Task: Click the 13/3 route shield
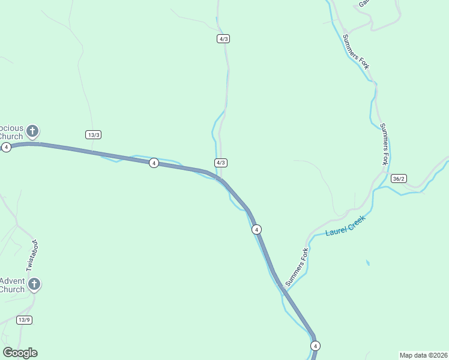click(x=93, y=134)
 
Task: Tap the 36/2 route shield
click(x=399, y=179)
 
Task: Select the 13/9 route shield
click(x=24, y=320)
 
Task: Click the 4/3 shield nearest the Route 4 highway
click(x=221, y=163)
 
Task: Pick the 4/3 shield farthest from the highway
click(x=223, y=38)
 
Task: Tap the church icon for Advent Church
click(x=34, y=284)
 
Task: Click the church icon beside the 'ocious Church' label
click(x=32, y=131)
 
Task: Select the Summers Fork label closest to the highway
click(x=297, y=267)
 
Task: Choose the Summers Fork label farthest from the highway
click(x=355, y=51)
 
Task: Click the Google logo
click(x=20, y=353)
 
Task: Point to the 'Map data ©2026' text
click(x=423, y=355)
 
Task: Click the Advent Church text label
click(x=12, y=285)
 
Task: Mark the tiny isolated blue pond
click(x=367, y=263)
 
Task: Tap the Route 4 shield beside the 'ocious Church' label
click(x=6, y=147)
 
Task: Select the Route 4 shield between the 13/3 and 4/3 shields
click(x=154, y=163)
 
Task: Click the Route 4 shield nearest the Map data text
click(x=316, y=346)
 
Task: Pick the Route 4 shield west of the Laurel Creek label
click(x=256, y=229)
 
